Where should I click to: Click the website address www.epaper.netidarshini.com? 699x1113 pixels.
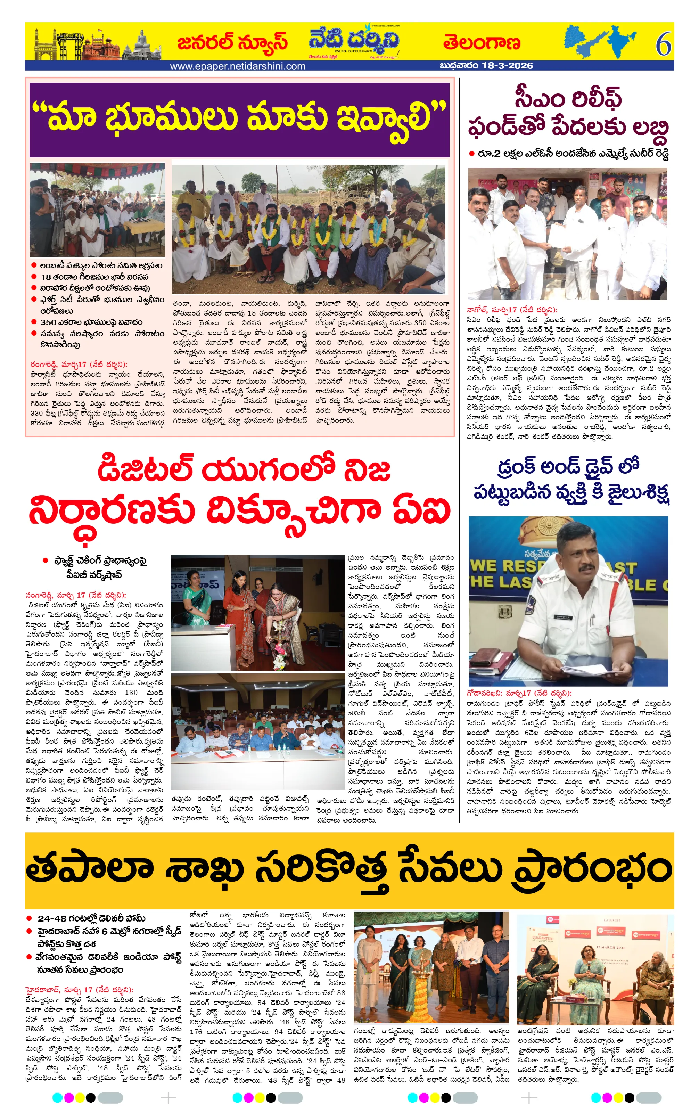point(238,66)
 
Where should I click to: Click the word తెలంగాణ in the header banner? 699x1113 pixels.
point(482,43)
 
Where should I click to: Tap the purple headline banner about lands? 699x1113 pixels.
point(239,119)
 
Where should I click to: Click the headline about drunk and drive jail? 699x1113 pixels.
point(571,480)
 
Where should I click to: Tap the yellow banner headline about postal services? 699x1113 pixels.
point(349,869)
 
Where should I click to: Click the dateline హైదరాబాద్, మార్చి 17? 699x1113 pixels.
point(79,990)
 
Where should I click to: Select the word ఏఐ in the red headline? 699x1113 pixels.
point(421,511)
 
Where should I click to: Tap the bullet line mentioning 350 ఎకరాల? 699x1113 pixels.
point(91,322)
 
